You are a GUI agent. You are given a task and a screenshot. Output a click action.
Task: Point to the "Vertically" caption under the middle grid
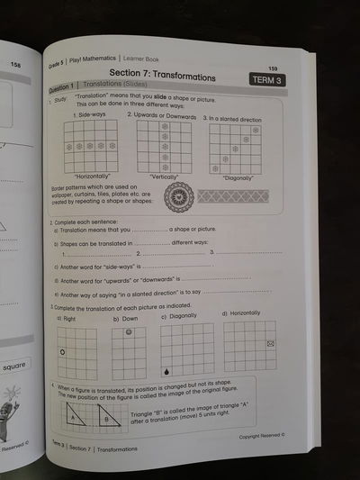coord(165,177)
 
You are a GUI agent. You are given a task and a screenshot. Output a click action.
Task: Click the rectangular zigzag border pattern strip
coord(232,195)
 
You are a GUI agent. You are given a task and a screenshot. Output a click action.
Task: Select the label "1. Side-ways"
coord(90,115)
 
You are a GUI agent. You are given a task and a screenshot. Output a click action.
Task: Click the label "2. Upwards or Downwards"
coord(161,115)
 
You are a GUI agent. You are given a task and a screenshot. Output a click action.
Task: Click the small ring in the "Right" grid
coord(61,351)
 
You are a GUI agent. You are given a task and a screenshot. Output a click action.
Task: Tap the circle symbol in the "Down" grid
coord(129,332)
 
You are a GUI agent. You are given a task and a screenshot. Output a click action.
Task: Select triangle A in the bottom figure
coord(76,418)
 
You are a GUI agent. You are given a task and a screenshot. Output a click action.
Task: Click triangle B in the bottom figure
coord(107,419)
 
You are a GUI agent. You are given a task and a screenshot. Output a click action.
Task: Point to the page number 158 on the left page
coord(15,64)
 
